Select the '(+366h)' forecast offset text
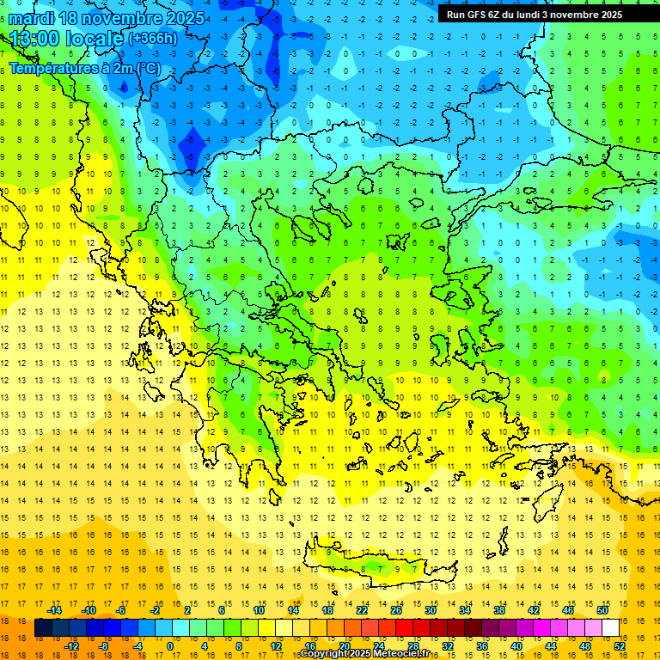[x=153, y=38]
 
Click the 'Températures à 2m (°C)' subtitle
[x=84, y=69]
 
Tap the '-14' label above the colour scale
[x=54, y=610]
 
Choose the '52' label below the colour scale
[x=620, y=646]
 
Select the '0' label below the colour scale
[x=169, y=646]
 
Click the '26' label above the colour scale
[x=396, y=610]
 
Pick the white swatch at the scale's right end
[x=610, y=628]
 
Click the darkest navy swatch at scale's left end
[x=44, y=628]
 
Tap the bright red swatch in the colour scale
[x=405, y=628]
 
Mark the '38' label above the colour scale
[x=499, y=610]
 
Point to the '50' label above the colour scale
[x=602, y=610]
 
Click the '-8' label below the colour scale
[x=102, y=646]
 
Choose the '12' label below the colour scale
[x=276, y=646]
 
